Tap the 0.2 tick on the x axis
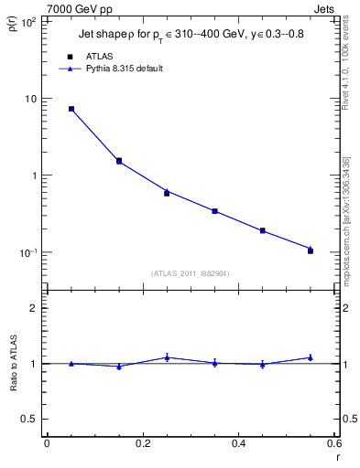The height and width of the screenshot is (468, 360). click(142, 443)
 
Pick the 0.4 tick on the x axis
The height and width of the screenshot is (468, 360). click(239, 443)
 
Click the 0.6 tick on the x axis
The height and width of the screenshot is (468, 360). click(334, 443)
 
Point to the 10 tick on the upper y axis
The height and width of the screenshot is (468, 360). click(31, 99)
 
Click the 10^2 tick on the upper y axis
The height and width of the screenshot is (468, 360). click(29, 22)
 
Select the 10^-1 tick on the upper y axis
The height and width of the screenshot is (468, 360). click(29, 252)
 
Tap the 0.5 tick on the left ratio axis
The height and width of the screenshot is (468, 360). click(31, 419)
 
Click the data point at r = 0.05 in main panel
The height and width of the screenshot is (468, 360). click(71, 109)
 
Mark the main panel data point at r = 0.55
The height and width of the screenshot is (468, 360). click(311, 250)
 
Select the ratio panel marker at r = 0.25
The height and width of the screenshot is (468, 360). click(167, 357)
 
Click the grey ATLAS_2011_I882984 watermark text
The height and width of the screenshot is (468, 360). click(190, 273)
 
